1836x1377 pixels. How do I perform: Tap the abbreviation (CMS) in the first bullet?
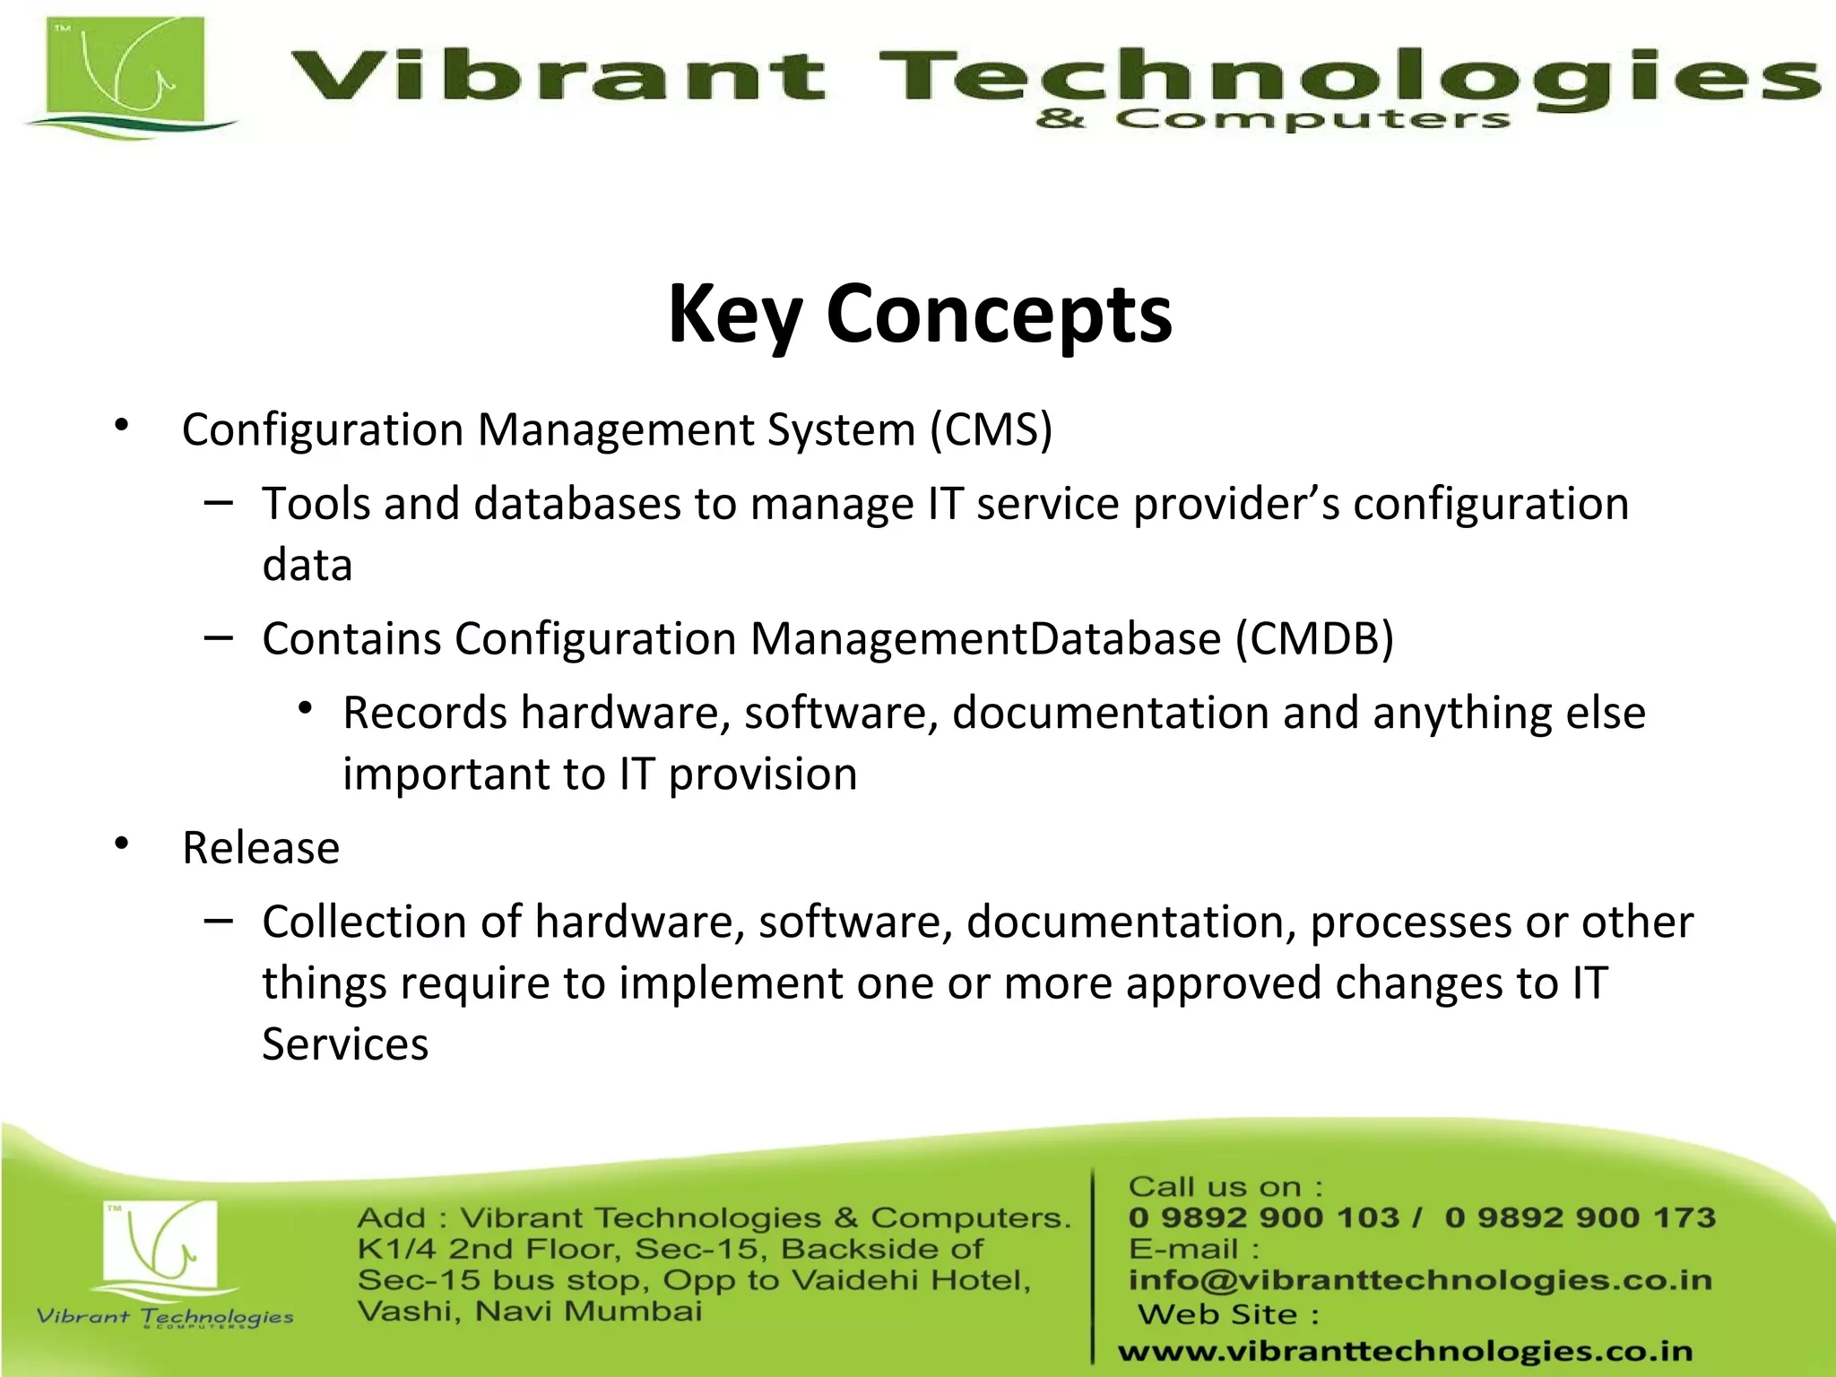(x=991, y=429)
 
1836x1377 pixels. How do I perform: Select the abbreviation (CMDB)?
(x=1314, y=639)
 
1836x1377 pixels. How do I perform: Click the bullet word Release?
(x=261, y=848)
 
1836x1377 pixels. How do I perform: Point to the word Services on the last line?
(x=345, y=1044)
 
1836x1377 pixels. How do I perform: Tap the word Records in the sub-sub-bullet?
(x=425, y=714)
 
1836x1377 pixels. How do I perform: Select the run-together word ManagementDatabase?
(x=985, y=639)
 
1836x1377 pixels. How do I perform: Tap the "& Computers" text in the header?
(x=1273, y=119)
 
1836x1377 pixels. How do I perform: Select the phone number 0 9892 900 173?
(x=1580, y=1217)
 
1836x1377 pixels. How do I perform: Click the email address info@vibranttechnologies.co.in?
(x=1420, y=1280)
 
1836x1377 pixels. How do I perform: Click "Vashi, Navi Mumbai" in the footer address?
(x=529, y=1312)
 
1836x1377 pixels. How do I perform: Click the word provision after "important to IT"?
(x=763, y=775)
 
